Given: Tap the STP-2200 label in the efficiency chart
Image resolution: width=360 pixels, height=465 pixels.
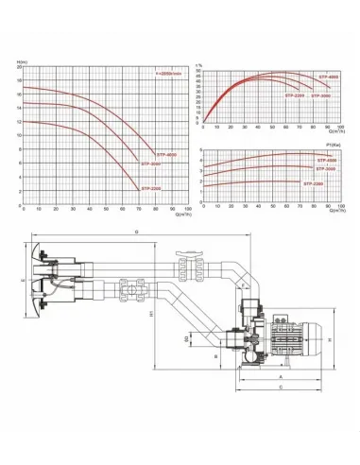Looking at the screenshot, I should click(295, 95).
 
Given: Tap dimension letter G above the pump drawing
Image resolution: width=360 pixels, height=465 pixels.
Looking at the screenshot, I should click(136, 230).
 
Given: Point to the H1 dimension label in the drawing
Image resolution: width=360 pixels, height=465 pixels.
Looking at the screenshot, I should click(152, 316).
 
